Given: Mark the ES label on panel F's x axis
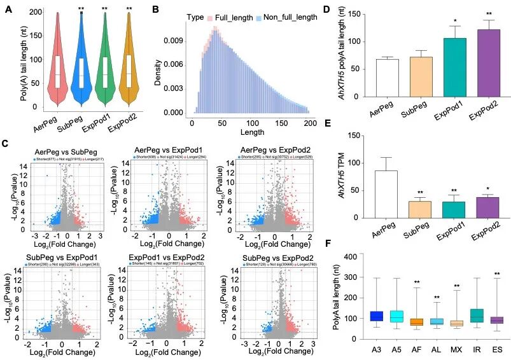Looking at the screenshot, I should [495, 349].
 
